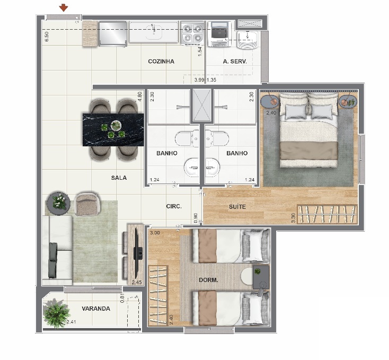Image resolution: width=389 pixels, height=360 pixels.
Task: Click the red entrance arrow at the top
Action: (64, 8)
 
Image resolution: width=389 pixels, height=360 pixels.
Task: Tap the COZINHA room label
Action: (161, 62)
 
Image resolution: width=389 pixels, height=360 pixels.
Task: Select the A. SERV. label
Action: (235, 62)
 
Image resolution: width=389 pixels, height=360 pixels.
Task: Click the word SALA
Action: (119, 178)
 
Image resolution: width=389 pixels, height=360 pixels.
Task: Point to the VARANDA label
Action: (96, 309)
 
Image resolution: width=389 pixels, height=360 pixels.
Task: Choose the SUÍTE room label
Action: (237, 207)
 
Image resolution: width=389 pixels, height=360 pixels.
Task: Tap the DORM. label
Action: (208, 280)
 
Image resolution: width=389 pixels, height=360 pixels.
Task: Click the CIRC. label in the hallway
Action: (174, 206)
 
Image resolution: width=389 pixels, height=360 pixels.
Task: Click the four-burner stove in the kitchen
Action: (192, 33)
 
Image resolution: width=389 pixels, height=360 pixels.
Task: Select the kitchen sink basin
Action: (154, 32)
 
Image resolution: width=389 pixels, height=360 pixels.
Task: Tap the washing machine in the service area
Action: (219, 34)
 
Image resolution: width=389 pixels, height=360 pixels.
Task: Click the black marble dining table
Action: (113, 129)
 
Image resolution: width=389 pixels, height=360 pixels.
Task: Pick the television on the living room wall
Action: (137, 253)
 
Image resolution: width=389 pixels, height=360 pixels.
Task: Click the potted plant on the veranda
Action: (56, 313)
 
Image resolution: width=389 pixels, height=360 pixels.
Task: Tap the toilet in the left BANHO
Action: (187, 139)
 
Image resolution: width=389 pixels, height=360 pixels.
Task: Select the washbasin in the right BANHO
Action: (213, 168)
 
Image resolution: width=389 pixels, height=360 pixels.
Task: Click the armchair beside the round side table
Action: (87, 203)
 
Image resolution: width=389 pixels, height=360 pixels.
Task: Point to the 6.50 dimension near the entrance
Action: (47, 36)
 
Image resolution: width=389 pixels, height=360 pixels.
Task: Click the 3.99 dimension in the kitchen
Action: (199, 80)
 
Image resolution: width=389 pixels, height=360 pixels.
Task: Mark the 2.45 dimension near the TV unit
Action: (137, 283)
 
